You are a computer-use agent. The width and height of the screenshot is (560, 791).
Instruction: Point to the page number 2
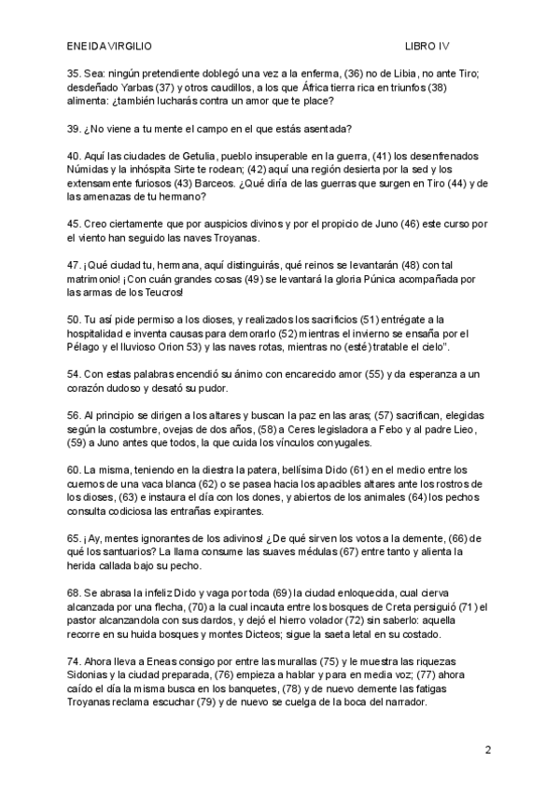point(488,749)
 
